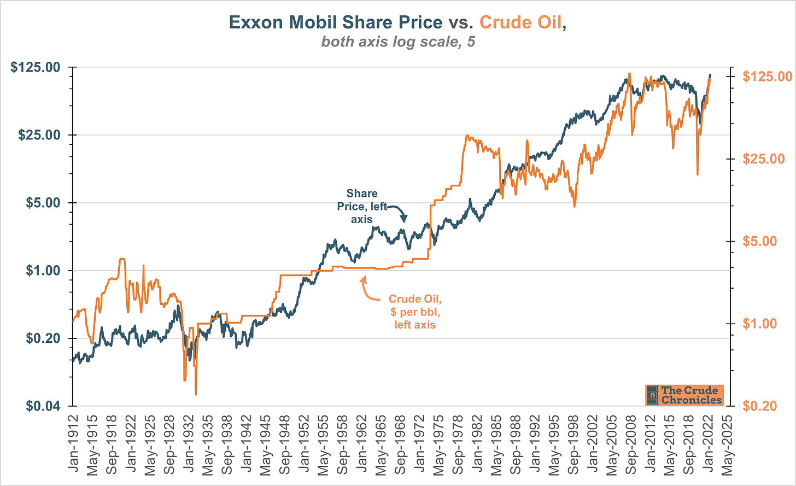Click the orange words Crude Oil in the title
click(520, 22)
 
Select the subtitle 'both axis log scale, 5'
click(398, 42)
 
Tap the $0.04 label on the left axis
click(39, 406)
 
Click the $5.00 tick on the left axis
click(43, 203)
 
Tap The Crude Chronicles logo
click(684, 395)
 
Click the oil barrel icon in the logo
click(652, 395)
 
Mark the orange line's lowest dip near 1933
click(195, 393)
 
